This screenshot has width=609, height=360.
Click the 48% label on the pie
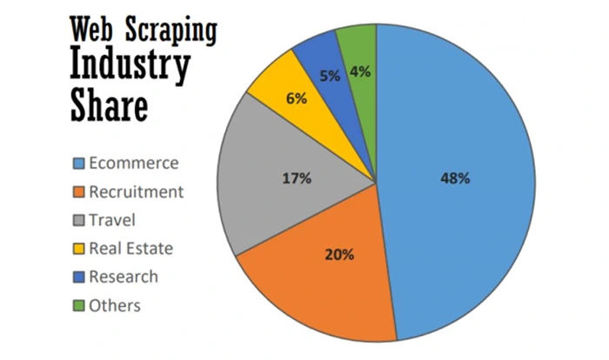click(x=456, y=178)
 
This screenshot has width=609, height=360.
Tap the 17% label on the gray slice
click(x=298, y=178)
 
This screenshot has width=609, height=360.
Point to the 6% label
click(x=296, y=98)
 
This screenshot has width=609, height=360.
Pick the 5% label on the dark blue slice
click(x=330, y=76)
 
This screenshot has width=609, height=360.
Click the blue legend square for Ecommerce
click(x=79, y=163)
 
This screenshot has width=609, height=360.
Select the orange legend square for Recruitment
click(x=79, y=191)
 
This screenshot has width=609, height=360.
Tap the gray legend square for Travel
click(x=79, y=220)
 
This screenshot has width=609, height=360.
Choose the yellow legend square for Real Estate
click(x=79, y=249)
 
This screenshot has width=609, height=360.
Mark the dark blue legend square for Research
click(x=79, y=277)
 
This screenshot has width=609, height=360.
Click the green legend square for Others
click(x=79, y=305)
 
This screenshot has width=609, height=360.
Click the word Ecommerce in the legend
click(x=132, y=163)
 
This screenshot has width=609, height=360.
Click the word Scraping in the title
click(x=174, y=31)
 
